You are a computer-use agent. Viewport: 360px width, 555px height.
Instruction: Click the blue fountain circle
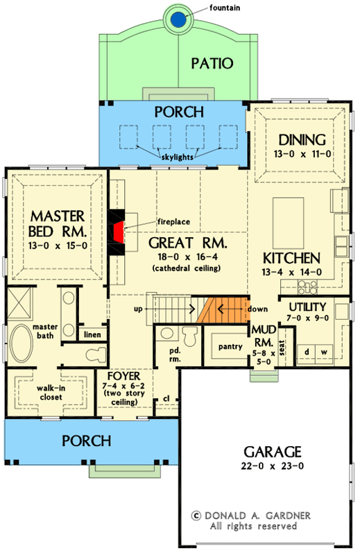[x=180, y=19]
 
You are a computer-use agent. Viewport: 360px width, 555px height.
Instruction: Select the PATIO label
[x=212, y=63]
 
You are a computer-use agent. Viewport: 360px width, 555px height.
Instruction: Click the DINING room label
[x=297, y=139]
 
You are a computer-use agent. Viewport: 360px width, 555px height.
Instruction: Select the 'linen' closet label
[x=92, y=335]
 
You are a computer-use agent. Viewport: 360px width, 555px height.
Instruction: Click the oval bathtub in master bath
[x=21, y=344]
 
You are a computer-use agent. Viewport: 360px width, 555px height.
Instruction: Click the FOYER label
[x=124, y=379]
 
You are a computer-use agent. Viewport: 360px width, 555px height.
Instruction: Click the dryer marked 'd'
[x=307, y=351]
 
